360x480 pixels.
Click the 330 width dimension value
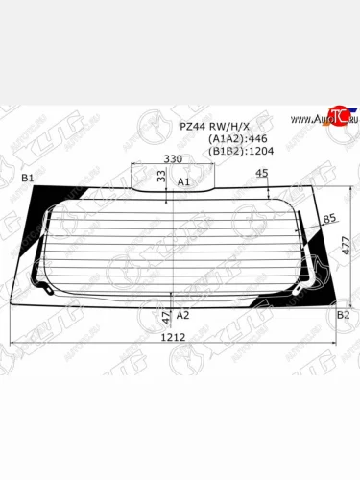point(173,157)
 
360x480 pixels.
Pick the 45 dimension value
point(262,173)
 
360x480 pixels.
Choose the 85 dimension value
point(329,219)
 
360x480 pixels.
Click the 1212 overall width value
point(173,338)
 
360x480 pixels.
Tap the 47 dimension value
point(165,315)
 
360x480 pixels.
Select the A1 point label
point(184,180)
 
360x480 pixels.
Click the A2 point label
point(183,315)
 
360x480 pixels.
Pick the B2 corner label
point(343,315)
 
